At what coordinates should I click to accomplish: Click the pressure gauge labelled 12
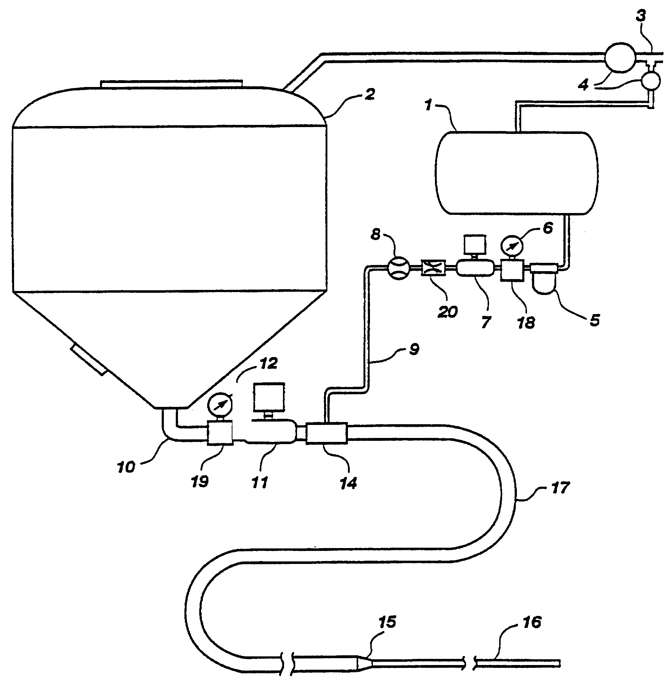coord(219,409)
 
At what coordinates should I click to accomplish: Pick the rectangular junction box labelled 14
coord(326,434)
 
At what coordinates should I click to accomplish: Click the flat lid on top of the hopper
coord(172,84)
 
